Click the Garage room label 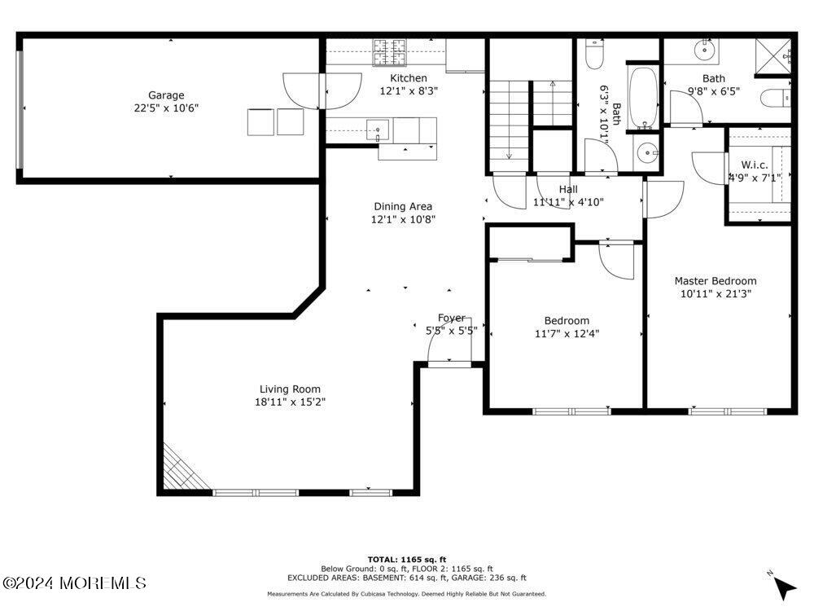(x=166, y=95)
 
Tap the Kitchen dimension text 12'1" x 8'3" (x=409, y=91)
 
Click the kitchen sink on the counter (x=378, y=130)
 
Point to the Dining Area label (x=403, y=206)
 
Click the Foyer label (x=451, y=318)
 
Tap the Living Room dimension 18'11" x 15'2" (x=290, y=402)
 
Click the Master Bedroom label (x=716, y=280)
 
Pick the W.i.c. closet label (x=755, y=165)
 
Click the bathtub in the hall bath (x=644, y=98)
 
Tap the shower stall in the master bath (x=773, y=51)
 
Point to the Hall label (x=568, y=189)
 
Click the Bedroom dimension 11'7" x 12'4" (x=567, y=333)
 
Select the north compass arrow (x=783, y=587)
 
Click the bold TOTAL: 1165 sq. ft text (x=407, y=560)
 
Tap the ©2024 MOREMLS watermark (x=74, y=583)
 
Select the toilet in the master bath (x=776, y=98)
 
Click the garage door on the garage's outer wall (x=20, y=109)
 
